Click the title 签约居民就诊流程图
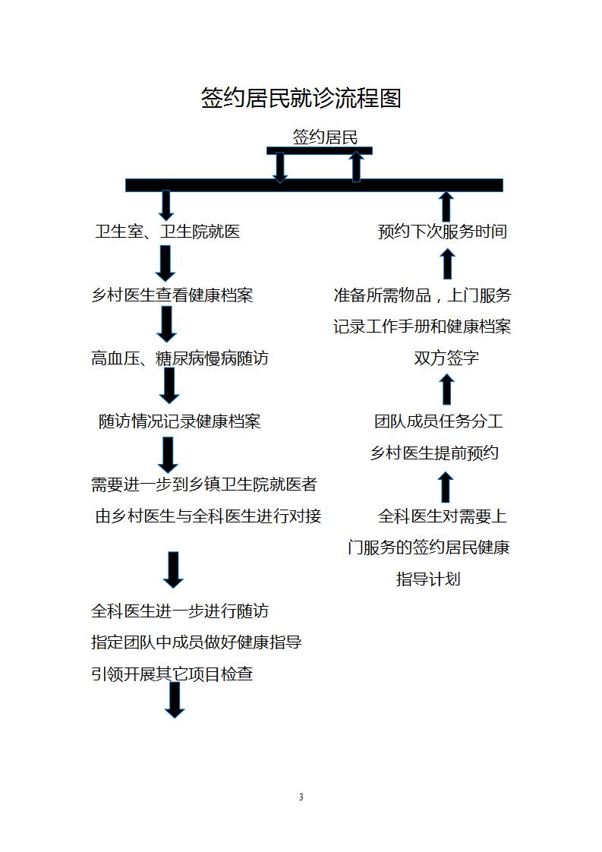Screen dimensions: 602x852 click(301, 99)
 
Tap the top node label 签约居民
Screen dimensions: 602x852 click(325, 137)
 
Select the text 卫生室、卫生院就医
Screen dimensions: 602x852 click(167, 232)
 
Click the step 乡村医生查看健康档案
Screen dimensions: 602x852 click(172, 295)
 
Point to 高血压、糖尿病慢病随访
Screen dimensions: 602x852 click(180, 358)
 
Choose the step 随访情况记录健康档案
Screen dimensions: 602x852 click(180, 421)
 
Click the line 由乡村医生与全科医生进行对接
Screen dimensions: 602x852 click(208, 516)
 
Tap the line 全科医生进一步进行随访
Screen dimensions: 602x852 click(180, 611)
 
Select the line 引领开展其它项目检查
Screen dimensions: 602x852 click(172, 674)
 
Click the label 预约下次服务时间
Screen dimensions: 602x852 click(443, 232)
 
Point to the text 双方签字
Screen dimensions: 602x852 click(446, 358)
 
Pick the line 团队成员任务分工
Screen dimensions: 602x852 click(439, 421)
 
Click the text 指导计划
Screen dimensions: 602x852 click(428, 579)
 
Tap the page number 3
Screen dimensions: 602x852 click(301, 797)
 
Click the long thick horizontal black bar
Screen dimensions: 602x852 click(314, 185)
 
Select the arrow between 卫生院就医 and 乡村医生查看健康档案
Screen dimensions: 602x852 click(165, 263)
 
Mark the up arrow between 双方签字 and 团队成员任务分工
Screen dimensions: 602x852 click(446, 390)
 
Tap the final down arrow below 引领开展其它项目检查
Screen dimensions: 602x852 click(175, 700)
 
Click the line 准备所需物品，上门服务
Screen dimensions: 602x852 click(423, 295)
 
